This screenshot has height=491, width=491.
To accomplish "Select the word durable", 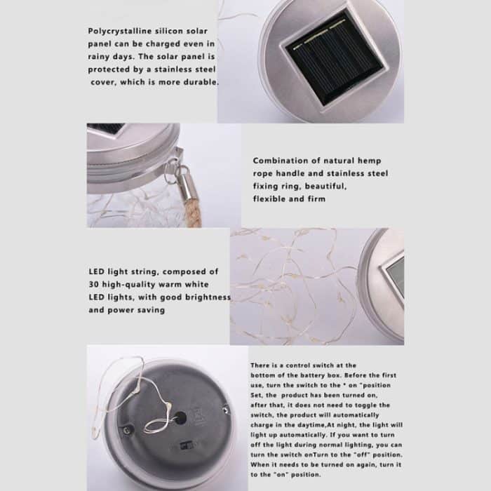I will click(200, 81).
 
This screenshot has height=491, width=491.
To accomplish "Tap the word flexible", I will click(270, 199).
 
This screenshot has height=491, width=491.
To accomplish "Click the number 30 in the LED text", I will click(95, 284).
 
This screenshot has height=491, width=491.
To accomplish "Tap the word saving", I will click(150, 309).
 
